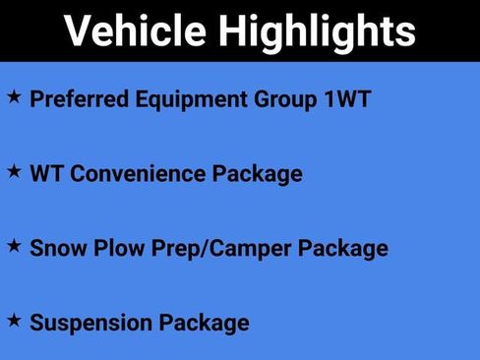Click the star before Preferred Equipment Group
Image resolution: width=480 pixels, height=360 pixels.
pos(14,97)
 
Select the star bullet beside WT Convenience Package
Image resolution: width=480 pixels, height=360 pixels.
pos(14,171)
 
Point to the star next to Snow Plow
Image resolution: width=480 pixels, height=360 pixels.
pos(14,246)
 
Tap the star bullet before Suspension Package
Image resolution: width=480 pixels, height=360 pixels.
pos(14,320)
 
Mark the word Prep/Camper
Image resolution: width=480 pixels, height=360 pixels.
pos(218,248)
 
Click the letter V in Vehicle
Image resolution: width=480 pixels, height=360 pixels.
pos(77,31)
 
